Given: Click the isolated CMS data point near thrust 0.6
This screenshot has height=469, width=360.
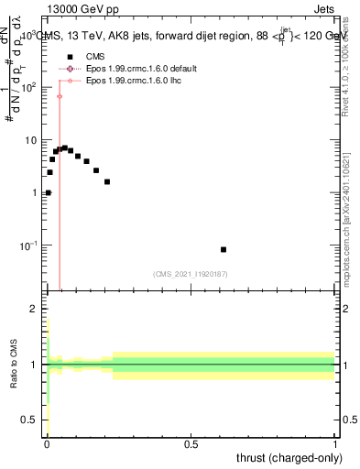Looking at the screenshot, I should pyautogui.click(x=224, y=249).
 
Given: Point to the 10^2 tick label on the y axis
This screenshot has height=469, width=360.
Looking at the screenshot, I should pyautogui.click(x=29, y=87).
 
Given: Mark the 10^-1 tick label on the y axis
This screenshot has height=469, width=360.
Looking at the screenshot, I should pyautogui.click(x=29, y=245).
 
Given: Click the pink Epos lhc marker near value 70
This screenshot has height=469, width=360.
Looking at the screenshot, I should pyautogui.click(x=60, y=96).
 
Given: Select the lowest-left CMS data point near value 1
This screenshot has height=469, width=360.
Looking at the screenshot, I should pyautogui.click(x=48, y=193).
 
